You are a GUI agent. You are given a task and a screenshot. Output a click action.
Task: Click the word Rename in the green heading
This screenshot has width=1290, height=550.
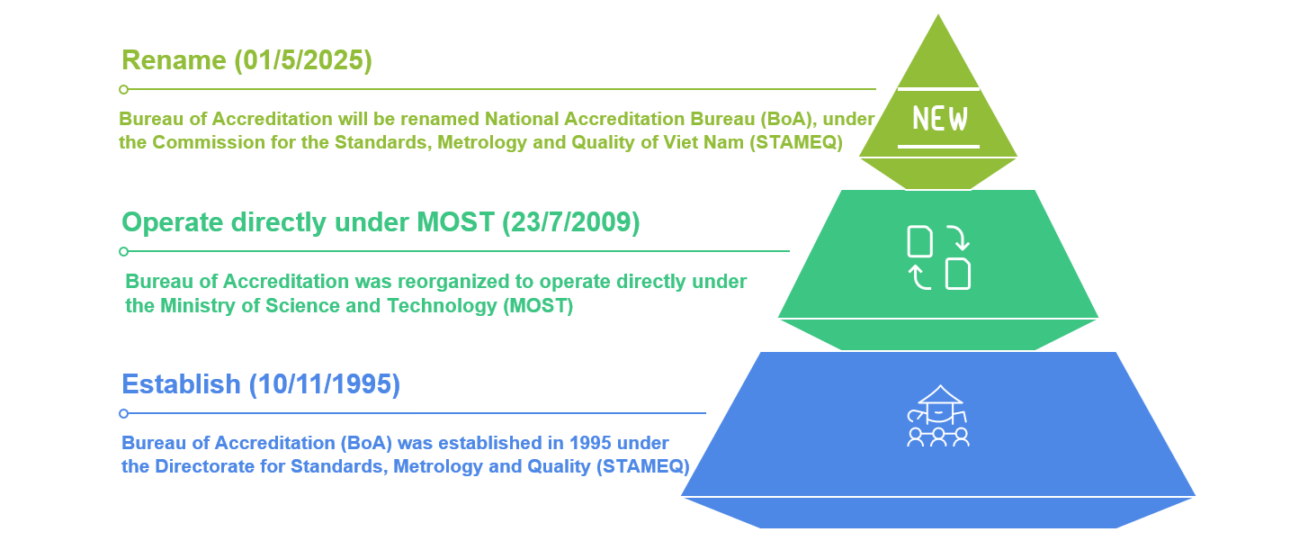point(174,60)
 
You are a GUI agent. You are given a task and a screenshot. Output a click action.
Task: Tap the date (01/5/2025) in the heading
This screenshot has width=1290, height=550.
point(303,61)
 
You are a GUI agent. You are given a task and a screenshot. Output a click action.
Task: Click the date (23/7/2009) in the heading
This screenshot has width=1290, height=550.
point(570,223)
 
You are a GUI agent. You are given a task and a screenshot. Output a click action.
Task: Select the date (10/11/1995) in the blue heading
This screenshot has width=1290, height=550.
point(324,385)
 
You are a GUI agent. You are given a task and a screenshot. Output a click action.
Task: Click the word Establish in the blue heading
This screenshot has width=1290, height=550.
point(181,384)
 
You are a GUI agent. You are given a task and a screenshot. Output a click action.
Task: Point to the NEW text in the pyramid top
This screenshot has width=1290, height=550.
point(940,119)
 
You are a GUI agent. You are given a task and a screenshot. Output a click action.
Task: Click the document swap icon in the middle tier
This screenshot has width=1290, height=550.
point(938,257)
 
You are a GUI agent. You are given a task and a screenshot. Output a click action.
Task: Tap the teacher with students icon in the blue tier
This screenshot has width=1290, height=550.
point(938,416)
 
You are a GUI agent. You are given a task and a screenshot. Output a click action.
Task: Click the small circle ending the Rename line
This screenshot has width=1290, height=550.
point(124,89)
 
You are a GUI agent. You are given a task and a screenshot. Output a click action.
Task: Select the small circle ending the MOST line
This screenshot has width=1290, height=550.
point(124,251)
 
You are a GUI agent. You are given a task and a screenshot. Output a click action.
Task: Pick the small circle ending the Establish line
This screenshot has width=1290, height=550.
point(124,413)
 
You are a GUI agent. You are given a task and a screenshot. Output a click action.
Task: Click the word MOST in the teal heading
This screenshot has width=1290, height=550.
point(455,222)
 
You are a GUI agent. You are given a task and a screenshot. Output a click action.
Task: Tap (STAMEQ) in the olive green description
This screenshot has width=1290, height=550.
point(796,142)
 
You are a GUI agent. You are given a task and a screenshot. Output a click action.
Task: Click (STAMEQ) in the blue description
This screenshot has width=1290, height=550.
point(642,466)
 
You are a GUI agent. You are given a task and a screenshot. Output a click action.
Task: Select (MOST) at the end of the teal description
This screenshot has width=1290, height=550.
point(538,306)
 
